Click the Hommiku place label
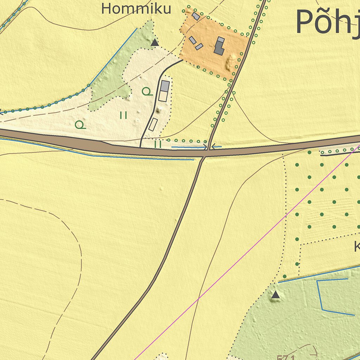(136, 8)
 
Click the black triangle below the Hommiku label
(154, 43)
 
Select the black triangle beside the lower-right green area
(275, 295)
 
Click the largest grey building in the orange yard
(219, 46)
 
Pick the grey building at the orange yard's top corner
(196, 16)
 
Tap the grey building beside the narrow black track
(165, 86)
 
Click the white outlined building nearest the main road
(153, 124)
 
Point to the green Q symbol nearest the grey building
(147, 92)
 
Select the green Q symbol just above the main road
(80, 124)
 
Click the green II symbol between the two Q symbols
(123, 115)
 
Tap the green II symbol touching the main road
(157, 144)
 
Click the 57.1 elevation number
(285, 358)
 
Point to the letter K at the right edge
(357, 247)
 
